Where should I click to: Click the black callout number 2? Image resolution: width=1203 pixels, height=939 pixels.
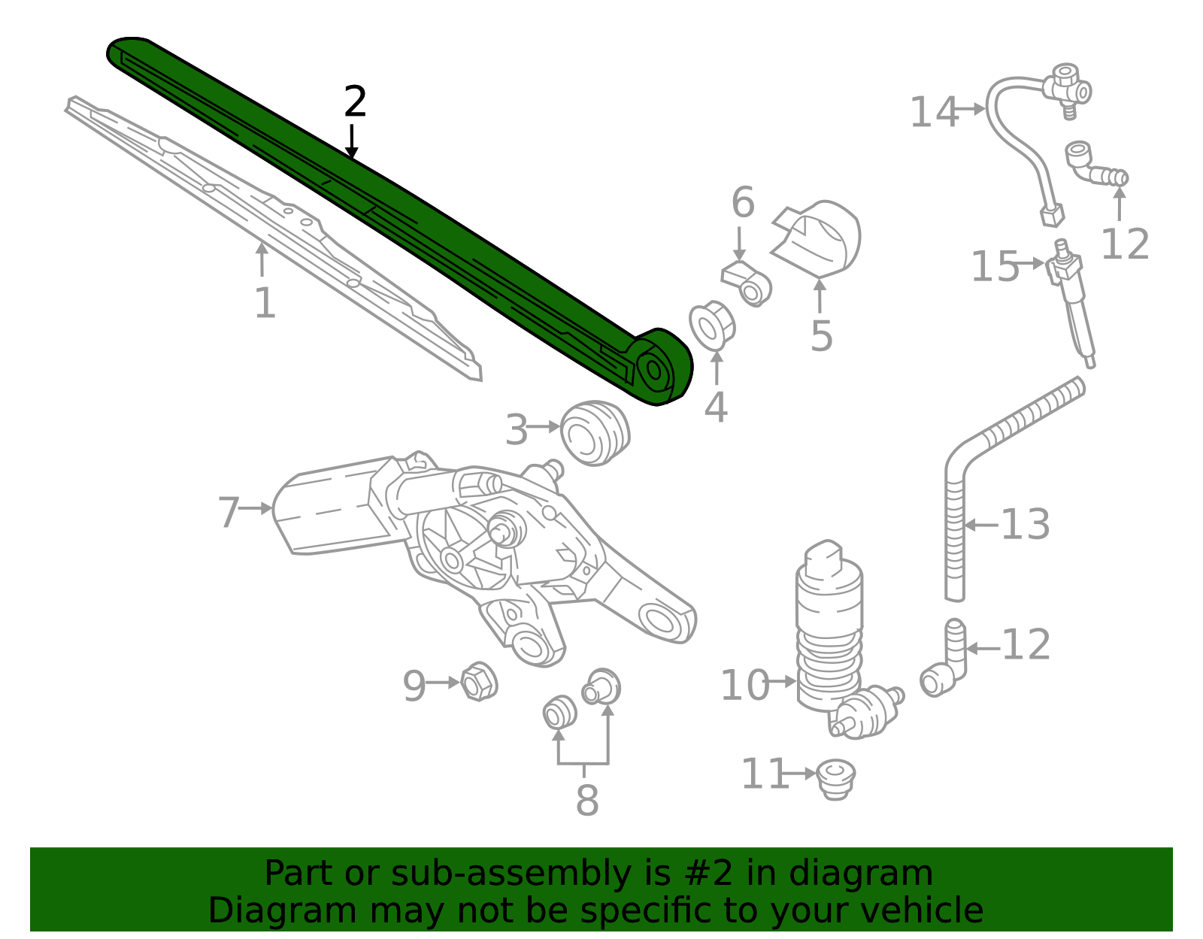point(355,102)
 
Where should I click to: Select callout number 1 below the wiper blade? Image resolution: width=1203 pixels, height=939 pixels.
point(265,304)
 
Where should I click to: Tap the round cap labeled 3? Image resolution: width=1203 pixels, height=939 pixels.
point(595,433)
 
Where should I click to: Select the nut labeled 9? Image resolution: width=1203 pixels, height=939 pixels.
point(477,682)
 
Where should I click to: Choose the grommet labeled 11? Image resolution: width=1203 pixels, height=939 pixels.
point(835,777)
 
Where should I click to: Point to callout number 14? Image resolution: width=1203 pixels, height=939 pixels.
point(933,113)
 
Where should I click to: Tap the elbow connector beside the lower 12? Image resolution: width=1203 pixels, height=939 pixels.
point(944,665)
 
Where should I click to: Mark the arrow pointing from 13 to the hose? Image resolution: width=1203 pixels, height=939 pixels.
point(981,525)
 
